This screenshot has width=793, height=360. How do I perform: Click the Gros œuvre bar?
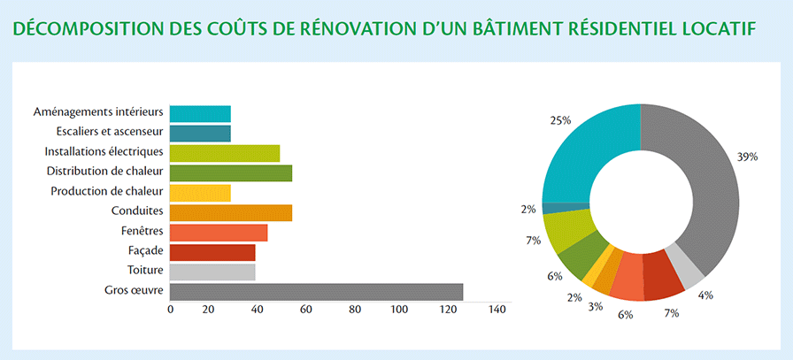[x=316, y=292]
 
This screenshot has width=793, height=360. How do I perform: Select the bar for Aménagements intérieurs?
[x=200, y=114]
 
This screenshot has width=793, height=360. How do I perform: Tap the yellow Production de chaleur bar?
[x=200, y=193]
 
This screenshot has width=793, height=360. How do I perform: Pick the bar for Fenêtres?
[x=219, y=233]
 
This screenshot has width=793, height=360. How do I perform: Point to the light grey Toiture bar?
[x=212, y=272]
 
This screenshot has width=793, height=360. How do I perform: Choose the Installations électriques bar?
[x=225, y=153]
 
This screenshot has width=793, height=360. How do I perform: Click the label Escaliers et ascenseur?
[x=110, y=132]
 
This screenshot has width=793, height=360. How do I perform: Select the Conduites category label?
[x=137, y=211]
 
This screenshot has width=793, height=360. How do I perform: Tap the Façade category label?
[x=146, y=251]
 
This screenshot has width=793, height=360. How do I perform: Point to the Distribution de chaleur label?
[x=104, y=172]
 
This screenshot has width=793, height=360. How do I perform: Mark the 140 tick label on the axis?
[x=497, y=310]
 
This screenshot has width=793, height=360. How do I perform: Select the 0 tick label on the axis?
[x=171, y=310]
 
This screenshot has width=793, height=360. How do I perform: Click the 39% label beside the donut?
[x=748, y=157]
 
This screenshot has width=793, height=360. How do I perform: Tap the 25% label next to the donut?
[x=561, y=120]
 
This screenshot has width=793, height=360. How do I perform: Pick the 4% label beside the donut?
[x=705, y=295]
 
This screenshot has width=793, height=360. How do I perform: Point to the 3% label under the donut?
[x=596, y=306]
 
